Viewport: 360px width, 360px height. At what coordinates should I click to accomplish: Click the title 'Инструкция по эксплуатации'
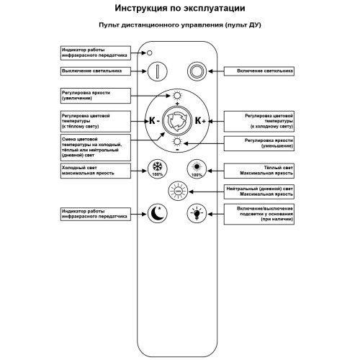179,9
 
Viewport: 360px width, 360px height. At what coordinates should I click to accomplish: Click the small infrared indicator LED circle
150,53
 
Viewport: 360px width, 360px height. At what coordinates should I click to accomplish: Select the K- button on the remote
153,120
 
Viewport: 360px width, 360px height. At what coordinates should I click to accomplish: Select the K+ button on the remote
199,120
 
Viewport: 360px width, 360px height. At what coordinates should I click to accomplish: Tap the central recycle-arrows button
176,120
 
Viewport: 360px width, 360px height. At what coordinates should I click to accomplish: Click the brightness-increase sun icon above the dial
176,95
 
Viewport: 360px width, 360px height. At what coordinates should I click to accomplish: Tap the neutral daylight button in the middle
176,191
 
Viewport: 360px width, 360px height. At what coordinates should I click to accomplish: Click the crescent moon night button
158,213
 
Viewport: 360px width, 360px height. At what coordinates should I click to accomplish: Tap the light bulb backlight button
195,213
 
